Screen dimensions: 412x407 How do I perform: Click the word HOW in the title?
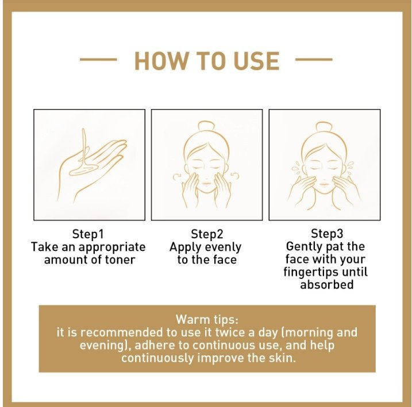[161, 61]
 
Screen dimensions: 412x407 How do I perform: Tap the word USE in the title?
[256, 61]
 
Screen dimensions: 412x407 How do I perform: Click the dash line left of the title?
[98, 60]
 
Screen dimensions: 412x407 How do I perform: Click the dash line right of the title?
[314, 60]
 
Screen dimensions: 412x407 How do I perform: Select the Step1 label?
[88, 234]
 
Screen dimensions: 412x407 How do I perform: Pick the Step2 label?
[207, 234]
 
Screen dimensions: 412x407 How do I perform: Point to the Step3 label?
[327, 233]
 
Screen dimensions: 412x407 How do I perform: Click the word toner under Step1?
[120, 260]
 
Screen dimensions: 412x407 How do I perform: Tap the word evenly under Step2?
[223, 247]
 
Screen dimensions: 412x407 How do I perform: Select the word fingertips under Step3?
[310, 272]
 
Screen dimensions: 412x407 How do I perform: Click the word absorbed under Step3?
[326, 285]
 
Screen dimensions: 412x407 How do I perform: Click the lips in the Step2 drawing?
[206, 183]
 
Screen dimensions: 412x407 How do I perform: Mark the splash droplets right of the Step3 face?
[351, 168]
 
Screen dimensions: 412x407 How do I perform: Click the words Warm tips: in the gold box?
[207, 320]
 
